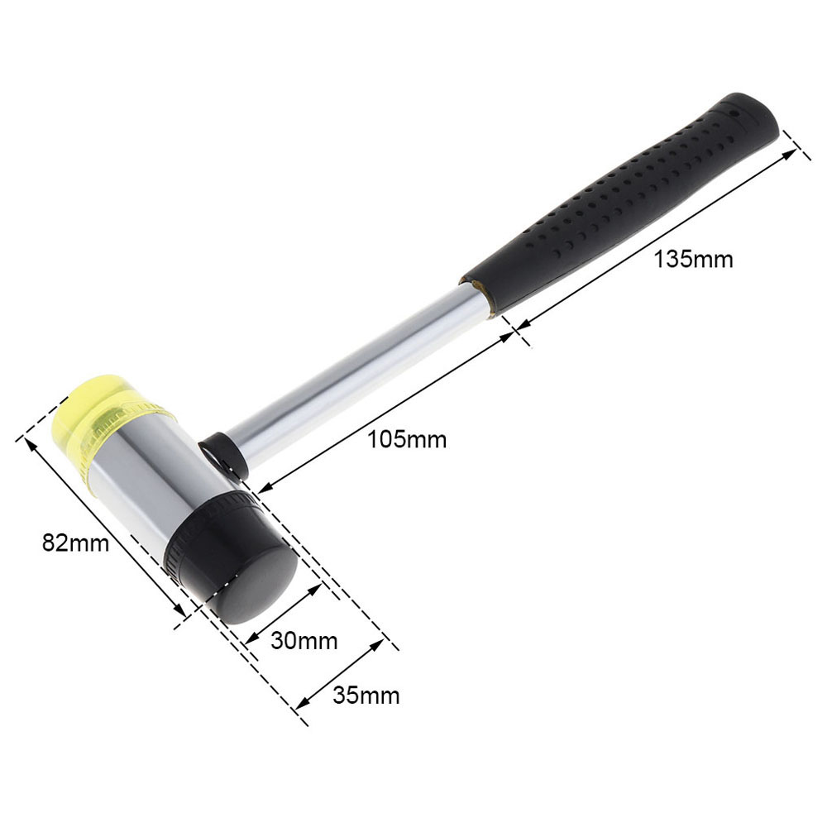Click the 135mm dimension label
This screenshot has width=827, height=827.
pos(693,259)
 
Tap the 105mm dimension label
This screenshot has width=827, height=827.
pos(407,440)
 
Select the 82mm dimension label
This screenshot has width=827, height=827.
pos(75,543)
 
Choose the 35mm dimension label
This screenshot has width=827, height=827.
pos(366,696)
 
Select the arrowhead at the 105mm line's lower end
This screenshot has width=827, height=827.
pos(263,490)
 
